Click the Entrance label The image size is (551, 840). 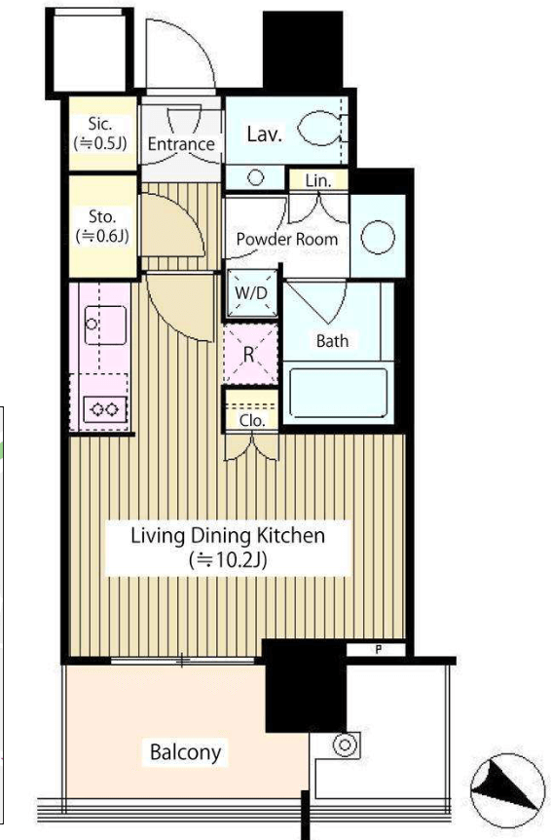[x=181, y=143]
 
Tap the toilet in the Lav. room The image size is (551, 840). [x=320, y=129]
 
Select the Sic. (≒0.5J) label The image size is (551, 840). [x=100, y=133]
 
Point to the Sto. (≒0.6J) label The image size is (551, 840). [x=102, y=226]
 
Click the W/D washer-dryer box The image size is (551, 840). [x=251, y=293]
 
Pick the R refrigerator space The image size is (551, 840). [x=249, y=354]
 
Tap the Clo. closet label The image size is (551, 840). [x=252, y=420]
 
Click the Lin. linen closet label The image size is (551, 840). [x=318, y=180]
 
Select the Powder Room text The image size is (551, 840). [x=287, y=239]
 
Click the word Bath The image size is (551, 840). [x=332, y=341]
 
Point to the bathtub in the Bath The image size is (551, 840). [x=338, y=393]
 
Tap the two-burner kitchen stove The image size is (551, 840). [x=105, y=410]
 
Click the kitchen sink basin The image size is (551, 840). [x=106, y=325]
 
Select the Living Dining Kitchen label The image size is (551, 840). [x=228, y=535]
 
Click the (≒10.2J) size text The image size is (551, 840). [x=228, y=559]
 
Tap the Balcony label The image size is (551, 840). [x=185, y=752]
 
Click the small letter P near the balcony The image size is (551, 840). [x=379, y=650]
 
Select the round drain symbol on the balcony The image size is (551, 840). [x=345, y=745]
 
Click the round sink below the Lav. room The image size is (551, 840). [x=256, y=177]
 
